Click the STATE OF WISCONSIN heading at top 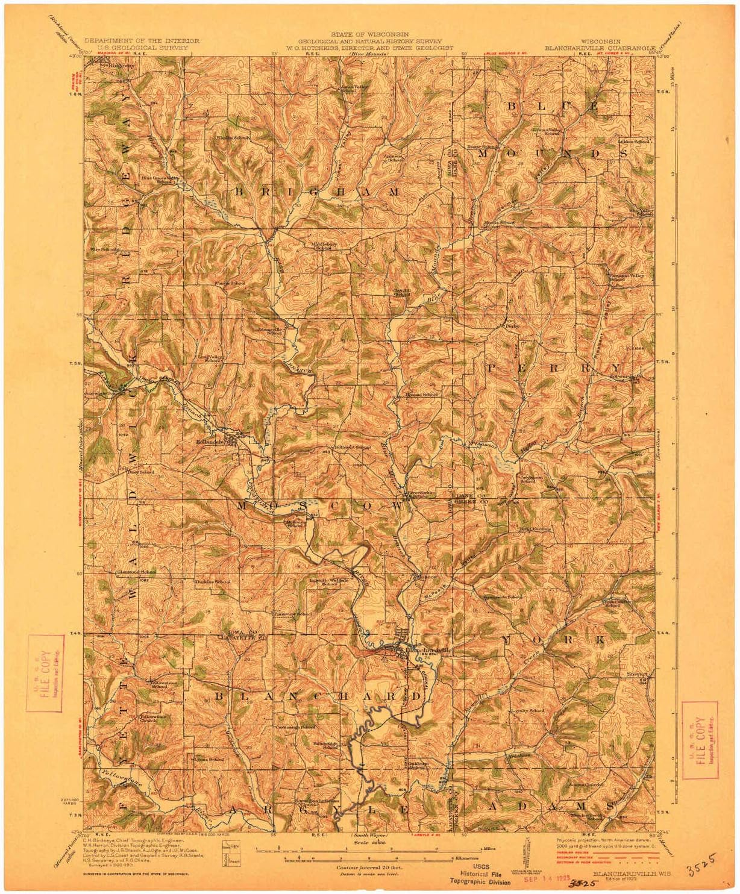[x=369, y=36]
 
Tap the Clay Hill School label [x=402, y=292]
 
